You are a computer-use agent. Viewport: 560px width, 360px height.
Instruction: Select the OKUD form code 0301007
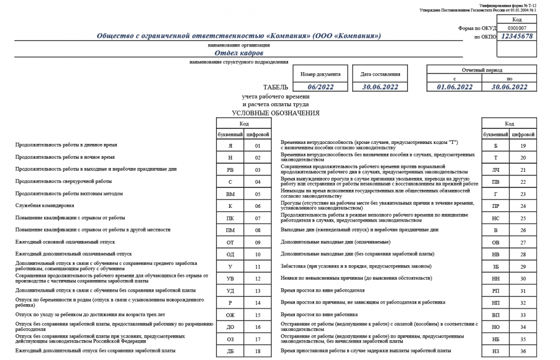click(516, 27)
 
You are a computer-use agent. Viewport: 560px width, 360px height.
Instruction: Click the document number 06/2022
click(320, 87)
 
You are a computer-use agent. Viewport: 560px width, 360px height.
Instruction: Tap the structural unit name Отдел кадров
click(238, 53)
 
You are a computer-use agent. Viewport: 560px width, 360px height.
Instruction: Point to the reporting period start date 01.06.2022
click(454, 87)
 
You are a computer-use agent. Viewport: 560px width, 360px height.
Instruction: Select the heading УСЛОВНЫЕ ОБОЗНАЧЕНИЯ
click(276, 113)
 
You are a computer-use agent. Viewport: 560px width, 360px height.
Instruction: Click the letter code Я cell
click(230, 146)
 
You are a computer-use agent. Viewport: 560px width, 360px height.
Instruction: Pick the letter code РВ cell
click(230, 170)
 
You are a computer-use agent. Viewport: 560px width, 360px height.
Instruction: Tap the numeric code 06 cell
click(257, 206)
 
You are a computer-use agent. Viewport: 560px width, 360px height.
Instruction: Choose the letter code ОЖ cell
click(230, 315)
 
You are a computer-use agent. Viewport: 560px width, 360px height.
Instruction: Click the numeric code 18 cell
click(257, 351)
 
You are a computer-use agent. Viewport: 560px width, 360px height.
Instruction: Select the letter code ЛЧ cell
click(496, 170)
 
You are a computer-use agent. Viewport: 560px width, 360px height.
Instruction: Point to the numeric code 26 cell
click(523, 230)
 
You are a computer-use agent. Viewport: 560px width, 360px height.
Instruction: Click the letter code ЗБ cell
click(496, 266)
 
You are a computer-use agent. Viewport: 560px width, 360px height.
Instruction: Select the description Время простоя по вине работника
click(319, 315)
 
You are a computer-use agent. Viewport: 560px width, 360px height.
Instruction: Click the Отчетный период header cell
click(482, 70)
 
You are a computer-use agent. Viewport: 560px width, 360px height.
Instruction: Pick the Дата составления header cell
click(380, 74)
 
